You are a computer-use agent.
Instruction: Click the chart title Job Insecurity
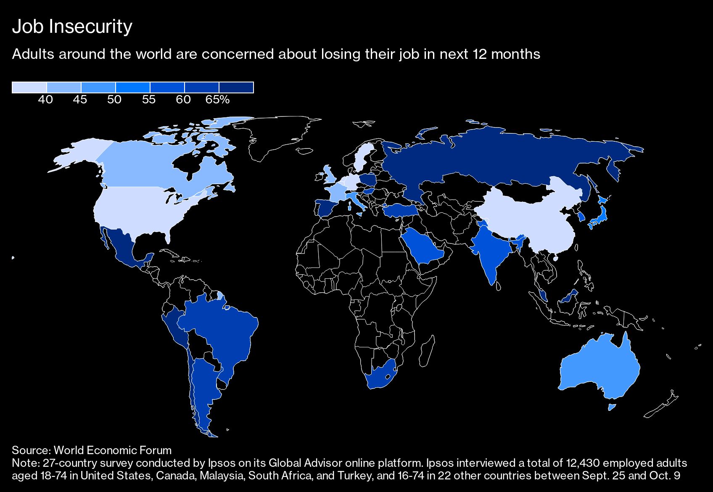[72, 26]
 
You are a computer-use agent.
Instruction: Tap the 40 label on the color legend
[45, 100]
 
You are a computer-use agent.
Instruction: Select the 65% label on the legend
[217, 100]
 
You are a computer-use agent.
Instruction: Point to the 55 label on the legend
[149, 100]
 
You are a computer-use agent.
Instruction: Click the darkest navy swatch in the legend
[236, 87]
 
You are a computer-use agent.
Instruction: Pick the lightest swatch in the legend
[29, 87]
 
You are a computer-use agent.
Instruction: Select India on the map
[490, 252]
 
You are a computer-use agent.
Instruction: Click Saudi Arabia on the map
[423, 248]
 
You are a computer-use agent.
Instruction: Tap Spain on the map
[328, 208]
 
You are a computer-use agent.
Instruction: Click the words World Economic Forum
[113, 450]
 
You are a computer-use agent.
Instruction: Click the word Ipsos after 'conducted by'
[220, 463]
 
